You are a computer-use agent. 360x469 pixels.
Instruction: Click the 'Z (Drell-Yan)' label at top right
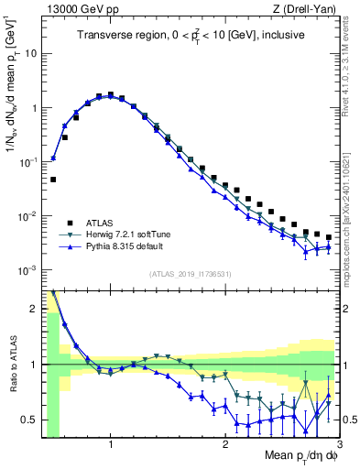[x=309, y=8]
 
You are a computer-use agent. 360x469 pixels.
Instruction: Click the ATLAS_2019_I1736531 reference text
[x=190, y=274]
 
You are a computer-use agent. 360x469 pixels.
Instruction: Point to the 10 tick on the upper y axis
[x=30, y=53]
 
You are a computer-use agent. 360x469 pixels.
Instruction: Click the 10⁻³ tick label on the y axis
[x=27, y=270]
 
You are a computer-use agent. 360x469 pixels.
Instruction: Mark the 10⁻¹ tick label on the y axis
[x=27, y=162]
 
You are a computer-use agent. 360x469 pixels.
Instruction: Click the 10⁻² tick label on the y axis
[x=27, y=216]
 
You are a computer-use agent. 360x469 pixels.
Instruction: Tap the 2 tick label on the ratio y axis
[x=32, y=308]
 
